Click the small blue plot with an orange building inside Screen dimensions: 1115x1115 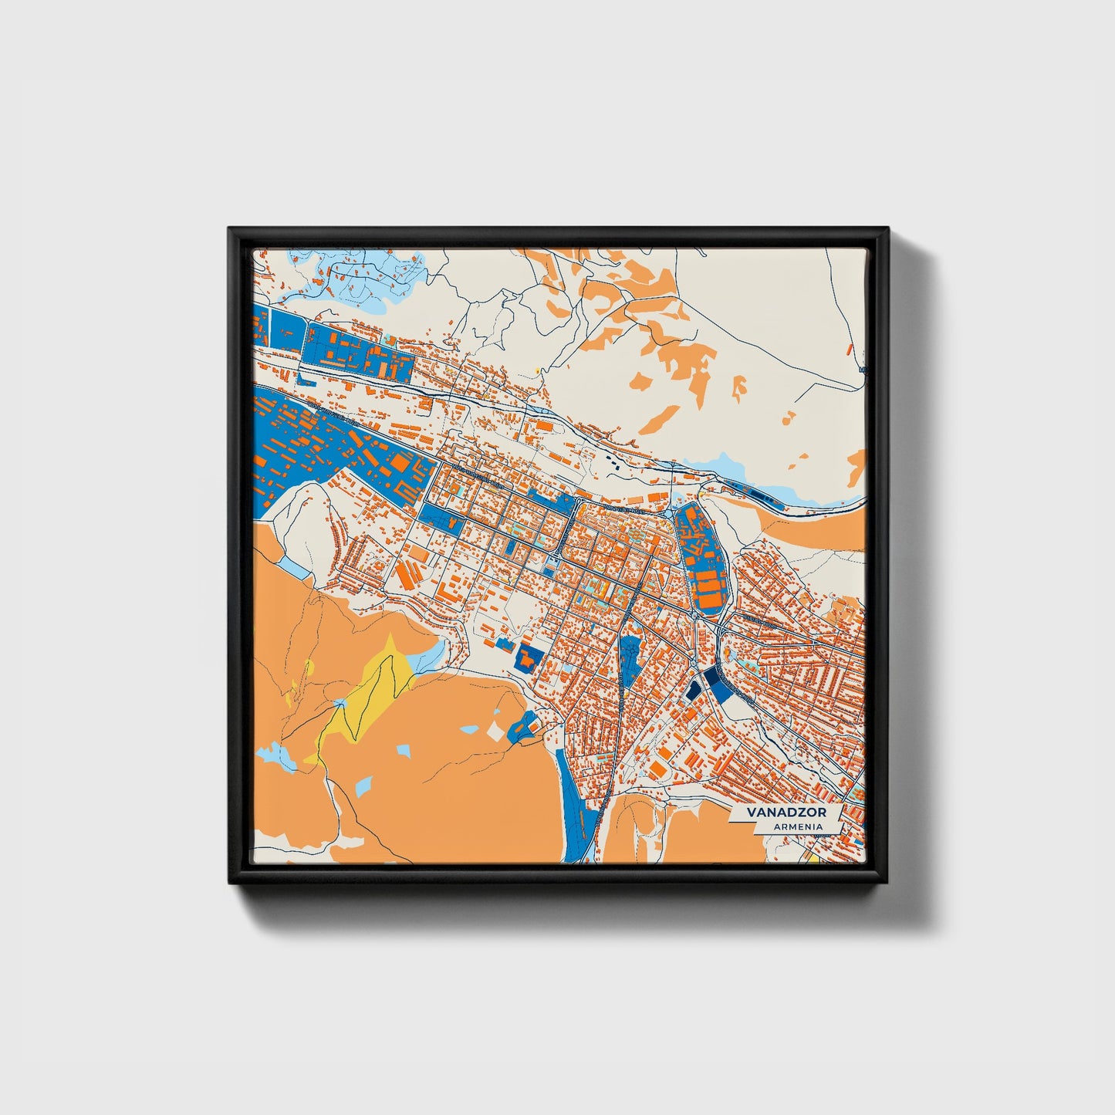click(x=529, y=657)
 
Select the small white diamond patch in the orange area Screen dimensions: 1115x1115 click(x=495, y=731)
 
